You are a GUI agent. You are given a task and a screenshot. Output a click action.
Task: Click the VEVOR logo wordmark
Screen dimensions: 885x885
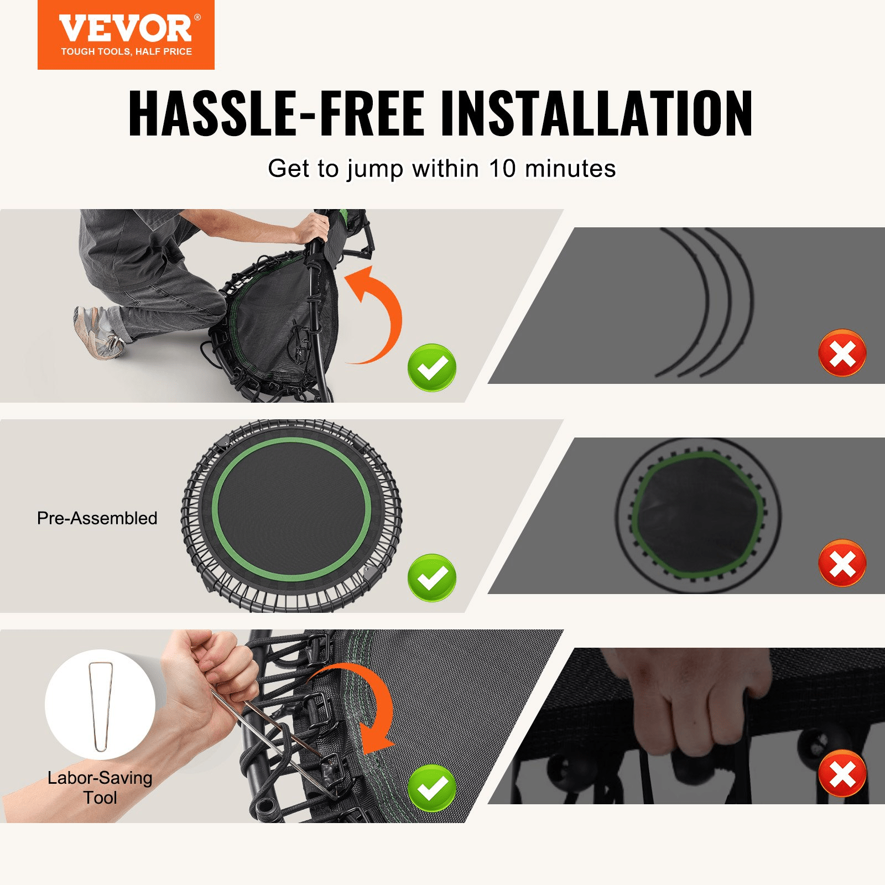126,29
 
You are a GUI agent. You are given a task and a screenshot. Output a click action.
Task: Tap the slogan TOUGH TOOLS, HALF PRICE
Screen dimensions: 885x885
126,51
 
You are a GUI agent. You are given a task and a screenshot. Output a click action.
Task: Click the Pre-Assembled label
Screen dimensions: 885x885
97,518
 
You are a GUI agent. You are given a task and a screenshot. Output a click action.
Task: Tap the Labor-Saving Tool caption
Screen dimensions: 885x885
100,788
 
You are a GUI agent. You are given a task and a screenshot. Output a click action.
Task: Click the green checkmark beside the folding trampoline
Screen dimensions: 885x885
431,367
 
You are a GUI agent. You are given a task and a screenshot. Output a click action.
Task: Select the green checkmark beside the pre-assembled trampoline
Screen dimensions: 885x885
431,577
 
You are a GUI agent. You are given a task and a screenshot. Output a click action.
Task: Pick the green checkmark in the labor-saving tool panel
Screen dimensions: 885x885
431,788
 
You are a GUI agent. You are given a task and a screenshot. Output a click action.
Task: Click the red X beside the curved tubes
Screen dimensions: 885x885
842,353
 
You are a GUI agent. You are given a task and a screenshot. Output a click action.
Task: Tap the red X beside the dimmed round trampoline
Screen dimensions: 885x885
842,563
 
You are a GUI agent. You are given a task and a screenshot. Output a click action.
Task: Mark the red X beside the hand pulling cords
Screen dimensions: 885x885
842,773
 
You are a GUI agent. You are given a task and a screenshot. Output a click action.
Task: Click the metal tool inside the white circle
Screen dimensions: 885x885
101,705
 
